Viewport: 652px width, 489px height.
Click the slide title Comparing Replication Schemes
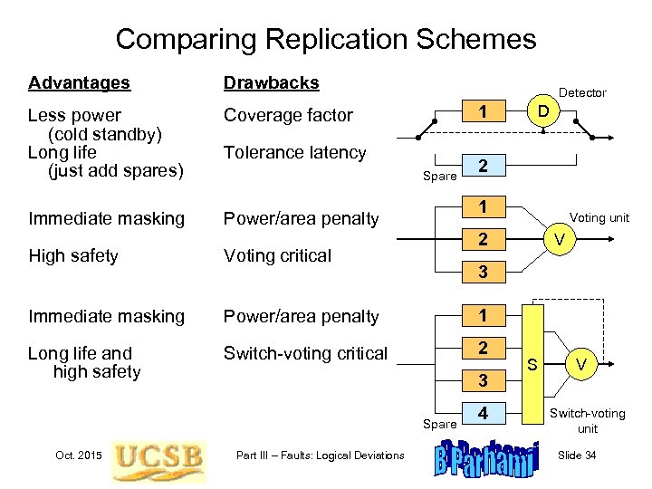coord(326,39)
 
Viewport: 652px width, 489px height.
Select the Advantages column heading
coord(79,83)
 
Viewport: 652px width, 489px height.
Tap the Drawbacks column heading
coord(271,83)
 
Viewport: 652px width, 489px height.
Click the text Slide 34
coord(577,455)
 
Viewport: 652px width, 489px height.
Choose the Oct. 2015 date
coord(78,455)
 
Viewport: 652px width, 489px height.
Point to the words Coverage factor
coord(287,115)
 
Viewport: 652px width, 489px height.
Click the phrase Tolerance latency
coord(294,153)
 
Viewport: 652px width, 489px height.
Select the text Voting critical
coord(277,256)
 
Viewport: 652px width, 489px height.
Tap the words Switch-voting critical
coord(305,353)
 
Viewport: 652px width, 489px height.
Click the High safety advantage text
coord(73,256)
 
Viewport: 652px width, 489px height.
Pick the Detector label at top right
coord(582,92)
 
